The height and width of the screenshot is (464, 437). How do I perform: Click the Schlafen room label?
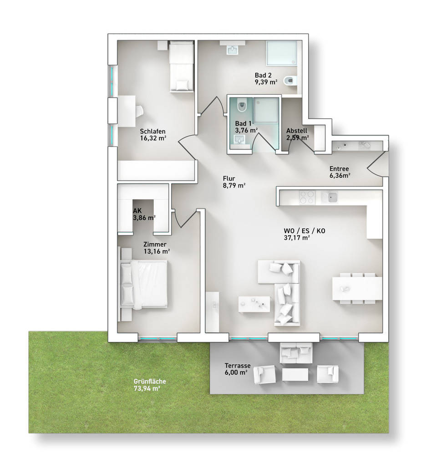point(152,132)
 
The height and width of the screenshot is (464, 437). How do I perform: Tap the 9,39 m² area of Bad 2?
point(266,82)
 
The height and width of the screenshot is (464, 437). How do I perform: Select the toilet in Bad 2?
point(290,81)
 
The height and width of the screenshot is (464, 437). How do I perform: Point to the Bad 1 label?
point(243,123)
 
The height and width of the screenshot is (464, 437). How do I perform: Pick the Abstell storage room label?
point(296,131)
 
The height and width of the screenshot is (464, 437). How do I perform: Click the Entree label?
point(340,168)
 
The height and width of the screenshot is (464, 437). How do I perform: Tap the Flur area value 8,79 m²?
point(234,185)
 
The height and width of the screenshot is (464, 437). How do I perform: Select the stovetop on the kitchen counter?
point(306,197)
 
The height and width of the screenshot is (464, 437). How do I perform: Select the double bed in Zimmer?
point(144,285)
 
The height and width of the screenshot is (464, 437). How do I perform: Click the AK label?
point(137,211)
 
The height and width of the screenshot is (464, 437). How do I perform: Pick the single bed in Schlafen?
point(181,66)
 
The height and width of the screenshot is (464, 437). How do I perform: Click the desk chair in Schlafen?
point(139,111)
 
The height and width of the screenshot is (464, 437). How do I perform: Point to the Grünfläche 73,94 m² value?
point(147,388)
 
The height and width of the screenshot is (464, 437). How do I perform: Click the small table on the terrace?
point(295,374)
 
